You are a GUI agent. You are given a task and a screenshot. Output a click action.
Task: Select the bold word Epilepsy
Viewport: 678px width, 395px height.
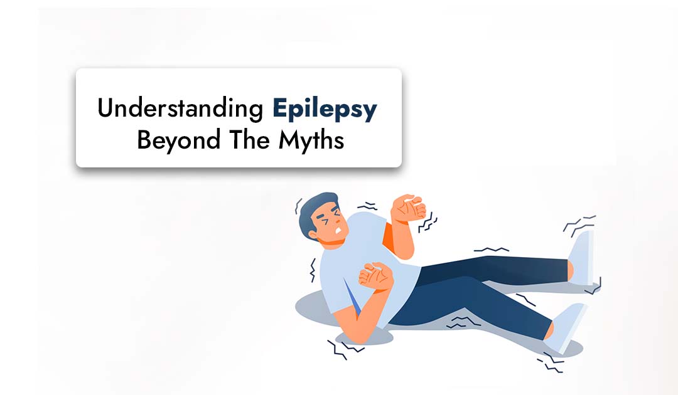pyautogui.click(x=325, y=110)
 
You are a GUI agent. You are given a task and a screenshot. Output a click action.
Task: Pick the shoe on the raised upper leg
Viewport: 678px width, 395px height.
pyautogui.click(x=581, y=257)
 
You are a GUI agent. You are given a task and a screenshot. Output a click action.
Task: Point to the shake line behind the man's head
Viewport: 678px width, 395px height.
pyautogui.click(x=298, y=207)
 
